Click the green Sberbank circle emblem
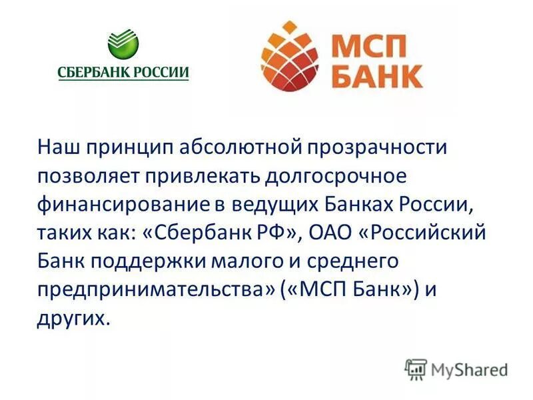123,45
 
